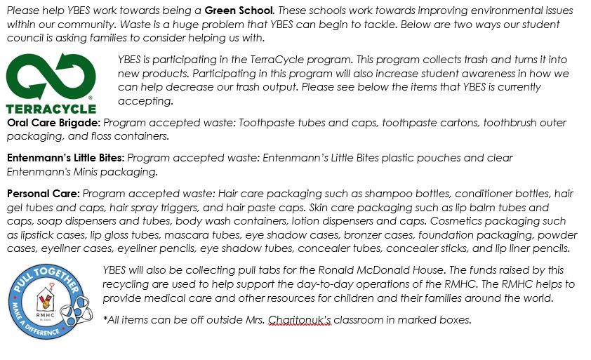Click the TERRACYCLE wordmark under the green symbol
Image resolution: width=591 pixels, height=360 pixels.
pos(51,109)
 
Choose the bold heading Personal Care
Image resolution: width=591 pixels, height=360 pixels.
pos(43,193)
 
